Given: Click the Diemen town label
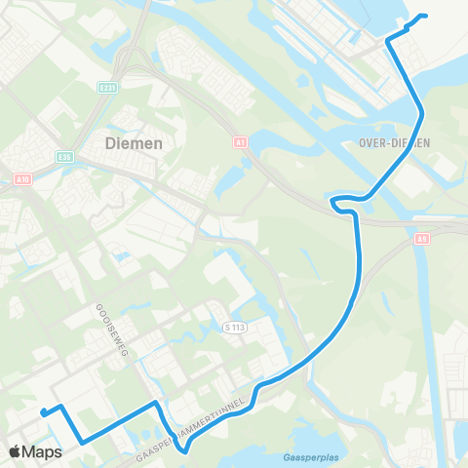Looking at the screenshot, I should pyautogui.click(x=134, y=142).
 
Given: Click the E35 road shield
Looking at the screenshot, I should pyautogui.click(x=64, y=157).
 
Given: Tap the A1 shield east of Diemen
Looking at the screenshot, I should pyautogui.click(x=240, y=142).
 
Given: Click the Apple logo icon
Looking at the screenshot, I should pyautogui.click(x=17, y=452).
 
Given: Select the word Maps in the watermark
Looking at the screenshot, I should pyautogui.click(x=44, y=452).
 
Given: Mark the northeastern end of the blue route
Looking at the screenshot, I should pyautogui.click(x=426, y=17).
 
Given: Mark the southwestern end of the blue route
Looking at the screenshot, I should pyautogui.click(x=44, y=413).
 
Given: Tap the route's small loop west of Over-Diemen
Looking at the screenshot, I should pyautogui.click(x=336, y=203).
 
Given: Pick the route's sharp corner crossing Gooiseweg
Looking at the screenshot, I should pyautogui.click(x=155, y=402).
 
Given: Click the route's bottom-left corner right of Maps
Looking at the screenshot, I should pyautogui.click(x=81, y=442).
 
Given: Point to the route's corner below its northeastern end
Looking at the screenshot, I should pyautogui.click(x=389, y=40).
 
